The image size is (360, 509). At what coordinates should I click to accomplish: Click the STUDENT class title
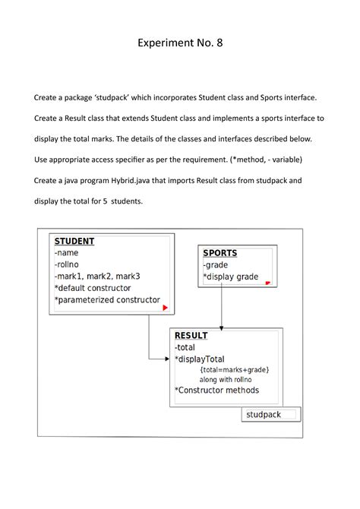tap(74, 242)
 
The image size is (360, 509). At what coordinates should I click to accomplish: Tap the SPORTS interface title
tap(220, 253)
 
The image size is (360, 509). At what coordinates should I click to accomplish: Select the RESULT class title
tap(191, 336)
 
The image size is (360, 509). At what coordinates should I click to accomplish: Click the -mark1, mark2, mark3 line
tap(96, 277)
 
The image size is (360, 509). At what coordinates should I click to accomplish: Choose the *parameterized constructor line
tap(106, 300)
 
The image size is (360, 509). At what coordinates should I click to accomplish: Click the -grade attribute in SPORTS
tap(217, 265)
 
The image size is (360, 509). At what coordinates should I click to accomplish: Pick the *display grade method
tap(231, 277)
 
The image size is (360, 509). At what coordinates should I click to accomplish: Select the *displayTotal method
tap(200, 359)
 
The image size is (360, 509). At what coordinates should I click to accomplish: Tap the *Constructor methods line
tap(216, 390)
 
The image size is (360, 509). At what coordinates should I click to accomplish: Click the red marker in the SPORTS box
tap(267, 283)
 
